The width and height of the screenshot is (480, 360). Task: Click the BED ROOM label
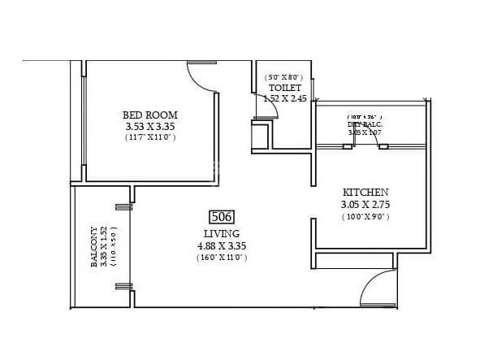tap(149, 115)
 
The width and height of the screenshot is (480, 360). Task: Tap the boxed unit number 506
tap(222, 217)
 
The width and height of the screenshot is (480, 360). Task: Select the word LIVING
tap(222, 232)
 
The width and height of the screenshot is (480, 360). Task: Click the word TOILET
tap(284, 88)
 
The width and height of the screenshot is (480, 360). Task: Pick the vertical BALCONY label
tap(95, 246)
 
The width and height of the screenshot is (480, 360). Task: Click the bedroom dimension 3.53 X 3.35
tap(149, 126)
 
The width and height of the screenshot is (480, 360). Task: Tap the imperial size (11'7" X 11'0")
tap(149, 137)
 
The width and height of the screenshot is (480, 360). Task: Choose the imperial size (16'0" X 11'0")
tap(222, 257)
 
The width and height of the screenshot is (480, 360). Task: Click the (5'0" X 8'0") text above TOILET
tap(284, 77)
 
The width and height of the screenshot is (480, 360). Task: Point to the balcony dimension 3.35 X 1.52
tap(104, 246)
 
